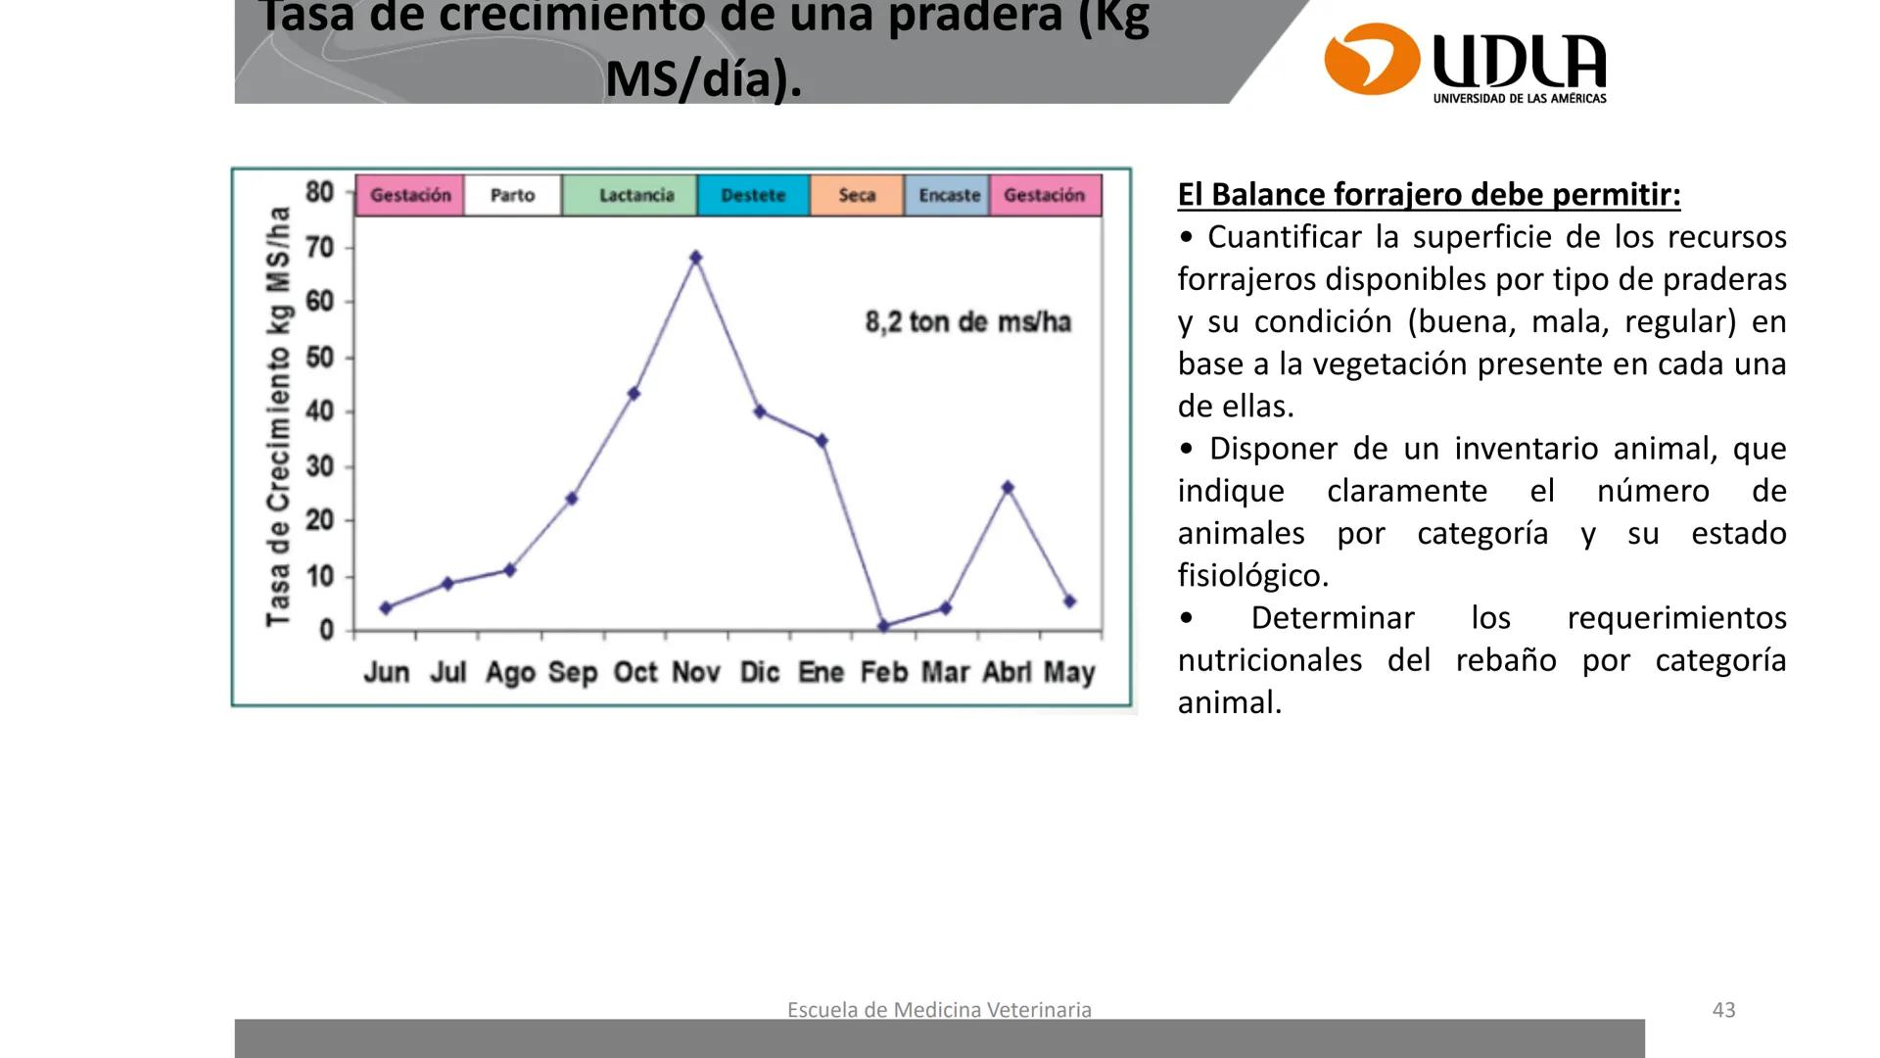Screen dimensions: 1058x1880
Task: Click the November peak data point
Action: [695, 258]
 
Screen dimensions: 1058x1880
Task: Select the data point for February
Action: [883, 626]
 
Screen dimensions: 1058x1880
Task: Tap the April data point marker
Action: [1008, 488]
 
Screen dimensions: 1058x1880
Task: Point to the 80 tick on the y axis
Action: [320, 192]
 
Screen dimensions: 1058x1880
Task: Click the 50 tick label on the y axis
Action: [320, 358]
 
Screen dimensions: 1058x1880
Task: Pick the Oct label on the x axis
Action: [635, 673]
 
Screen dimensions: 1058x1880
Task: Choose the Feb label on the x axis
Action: [884, 673]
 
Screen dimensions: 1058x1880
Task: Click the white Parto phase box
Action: [512, 195]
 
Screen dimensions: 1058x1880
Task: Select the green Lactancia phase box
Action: [635, 195]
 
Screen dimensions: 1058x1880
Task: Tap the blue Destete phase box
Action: [753, 195]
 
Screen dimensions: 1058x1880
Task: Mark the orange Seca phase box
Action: [857, 195]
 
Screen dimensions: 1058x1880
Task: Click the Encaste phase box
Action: [948, 195]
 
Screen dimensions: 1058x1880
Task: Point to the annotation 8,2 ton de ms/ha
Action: [967, 322]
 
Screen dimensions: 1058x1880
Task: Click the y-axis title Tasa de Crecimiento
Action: [279, 415]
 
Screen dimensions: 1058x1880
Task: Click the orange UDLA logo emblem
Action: [1371, 59]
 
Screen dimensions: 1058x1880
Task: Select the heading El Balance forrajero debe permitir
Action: [1429, 194]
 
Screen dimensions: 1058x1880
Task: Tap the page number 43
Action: [1723, 1010]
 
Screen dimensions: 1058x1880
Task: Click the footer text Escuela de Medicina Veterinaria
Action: [939, 1010]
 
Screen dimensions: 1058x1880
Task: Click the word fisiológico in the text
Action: [1252, 575]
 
